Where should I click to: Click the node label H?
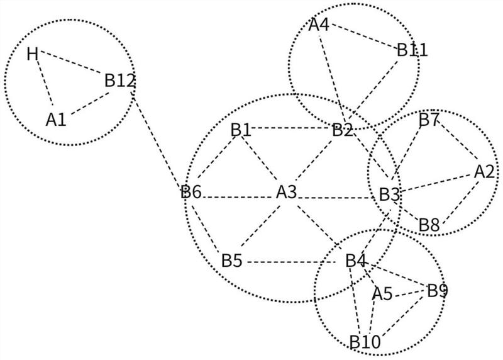pyautogui.click(x=33, y=54)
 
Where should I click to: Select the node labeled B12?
pyautogui.click(x=119, y=81)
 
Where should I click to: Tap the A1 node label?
pyautogui.click(x=56, y=120)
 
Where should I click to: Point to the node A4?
pyautogui.click(x=319, y=25)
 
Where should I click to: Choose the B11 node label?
pyautogui.click(x=412, y=50)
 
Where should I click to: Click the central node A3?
pyautogui.click(x=287, y=192)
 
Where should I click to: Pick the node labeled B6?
pyautogui.click(x=191, y=192)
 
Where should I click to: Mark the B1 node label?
pyautogui.click(x=241, y=130)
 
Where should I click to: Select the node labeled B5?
pyautogui.click(x=231, y=261)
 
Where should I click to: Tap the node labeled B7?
pyautogui.click(x=429, y=120)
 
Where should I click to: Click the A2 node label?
pyautogui.click(x=484, y=172)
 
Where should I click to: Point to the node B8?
pyautogui.click(x=429, y=225)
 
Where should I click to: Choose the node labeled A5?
pyautogui.click(x=382, y=293)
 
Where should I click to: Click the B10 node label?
pyautogui.click(x=365, y=342)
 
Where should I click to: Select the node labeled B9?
pyautogui.click(x=438, y=291)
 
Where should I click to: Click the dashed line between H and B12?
pyautogui.click(x=71, y=62)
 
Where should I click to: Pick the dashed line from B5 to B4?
pyautogui.click(x=292, y=262)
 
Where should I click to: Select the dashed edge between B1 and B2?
pyautogui.click(x=291, y=128)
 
